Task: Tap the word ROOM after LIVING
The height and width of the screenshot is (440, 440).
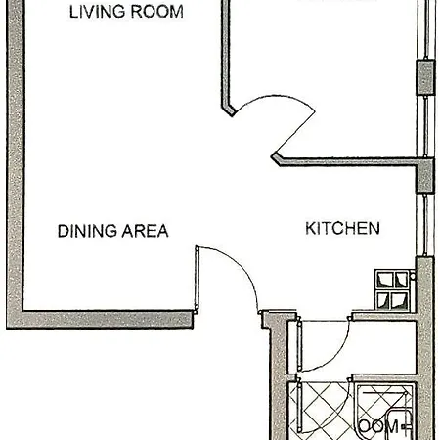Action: (x=156, y=13)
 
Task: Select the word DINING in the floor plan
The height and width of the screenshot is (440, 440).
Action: (x=86, y=231)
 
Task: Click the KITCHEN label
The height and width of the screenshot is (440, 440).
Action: (x=342, y=228)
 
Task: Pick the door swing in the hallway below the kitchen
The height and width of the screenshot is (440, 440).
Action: (x=328, y=347)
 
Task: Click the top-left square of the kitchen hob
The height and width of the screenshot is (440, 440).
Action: (x=384, y=280)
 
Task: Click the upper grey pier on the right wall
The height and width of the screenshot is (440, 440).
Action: (x=425, y=77)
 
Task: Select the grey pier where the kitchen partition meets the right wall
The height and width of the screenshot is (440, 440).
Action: (x=425, y=176)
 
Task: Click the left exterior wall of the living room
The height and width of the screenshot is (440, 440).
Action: (x=14, y=147)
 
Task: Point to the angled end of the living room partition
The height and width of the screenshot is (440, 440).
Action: (x=229, y=108)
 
